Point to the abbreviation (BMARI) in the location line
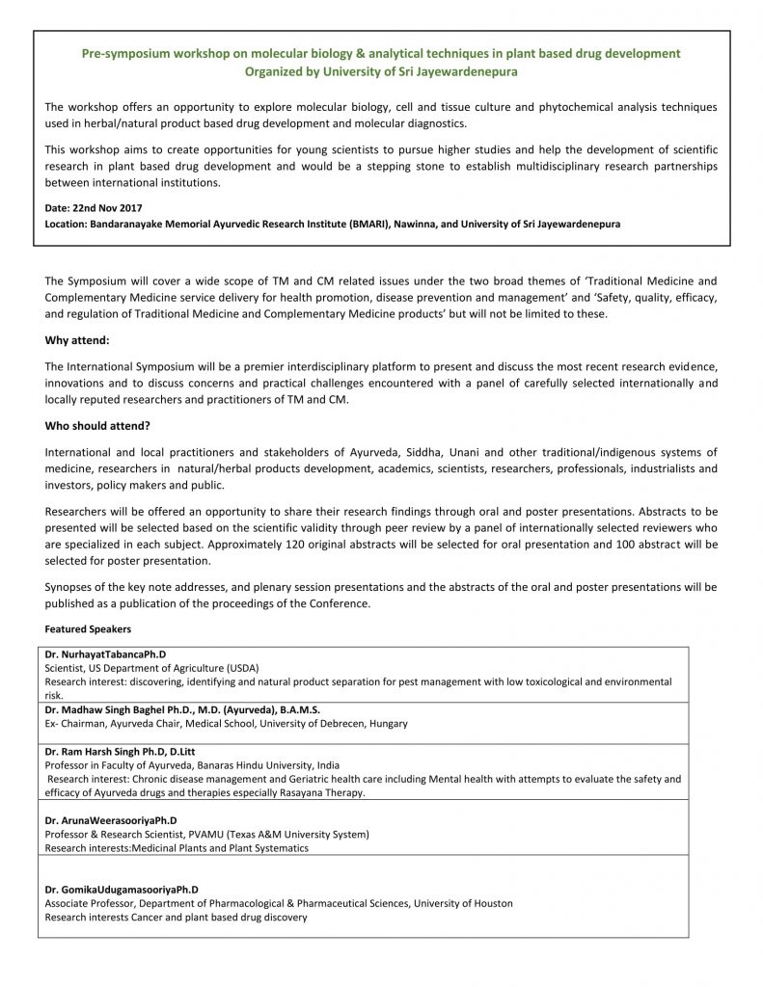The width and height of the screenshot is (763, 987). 382,224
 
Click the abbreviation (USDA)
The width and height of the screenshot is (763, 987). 236,667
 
